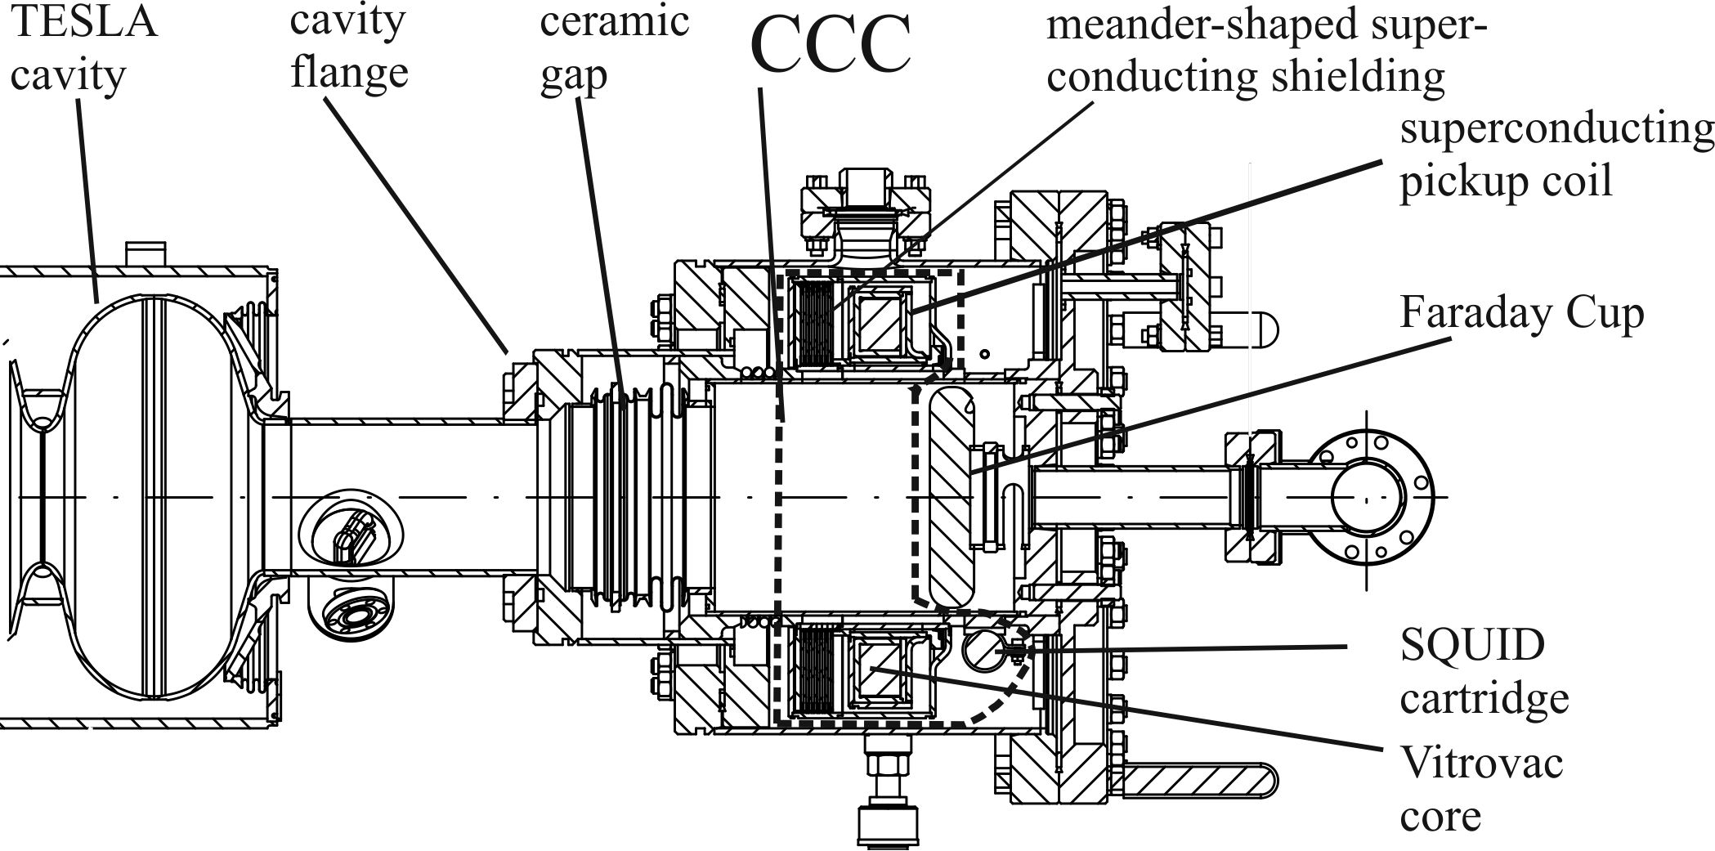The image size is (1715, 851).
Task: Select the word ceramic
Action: tap(615, 21)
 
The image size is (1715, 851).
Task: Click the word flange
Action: tap(350, 72)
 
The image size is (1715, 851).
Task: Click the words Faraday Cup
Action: tap(1521, 314)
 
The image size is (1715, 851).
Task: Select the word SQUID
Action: tap(1472, 646)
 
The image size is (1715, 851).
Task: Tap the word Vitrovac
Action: tap(1481, 764)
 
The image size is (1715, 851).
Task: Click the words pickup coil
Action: tap(1506, 180)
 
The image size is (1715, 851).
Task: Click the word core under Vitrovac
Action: tap(1440, 816)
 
